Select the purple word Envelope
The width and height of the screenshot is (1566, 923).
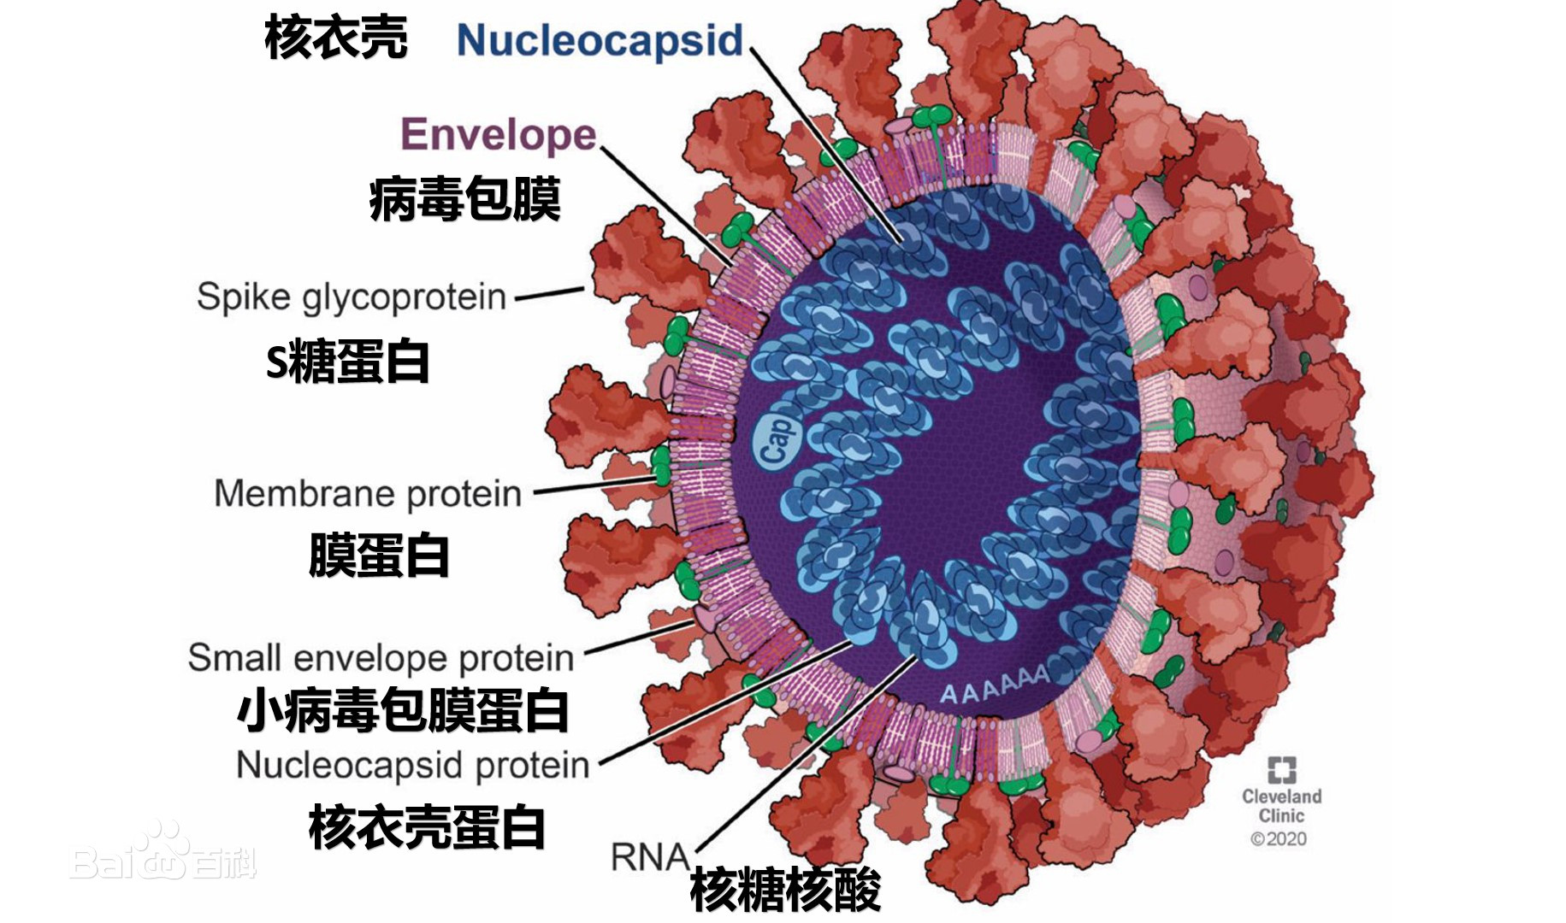pyautogui.click(x=498, y=135)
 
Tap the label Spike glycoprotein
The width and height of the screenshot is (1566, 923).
pyautogui.click(x=351, y=297)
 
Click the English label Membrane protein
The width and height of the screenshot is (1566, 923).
pyautogui.click(x=368, y=494)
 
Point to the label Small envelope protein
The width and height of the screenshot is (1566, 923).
pyautogui.click(x=381, y=658)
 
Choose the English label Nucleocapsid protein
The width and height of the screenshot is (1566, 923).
pyautogui.click(x=412, y=765)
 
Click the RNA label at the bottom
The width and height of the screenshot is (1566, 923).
pyautogui.click(x=649, y=856)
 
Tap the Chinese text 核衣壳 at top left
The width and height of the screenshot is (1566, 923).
pyautogui.click(x=335, y=38)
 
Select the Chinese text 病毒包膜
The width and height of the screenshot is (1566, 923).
pyautogui.click(x=464, y=200)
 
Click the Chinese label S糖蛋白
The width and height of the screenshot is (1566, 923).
pyautogui.click(x=347, y=362)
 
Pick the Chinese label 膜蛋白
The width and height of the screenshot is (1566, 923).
pyautogui.click(x=378, y=556)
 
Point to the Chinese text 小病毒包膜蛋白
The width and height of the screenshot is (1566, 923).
pyautogui.click(x=402, y=711)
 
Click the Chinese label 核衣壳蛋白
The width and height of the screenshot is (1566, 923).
pyautogui.click(x=426, y=827)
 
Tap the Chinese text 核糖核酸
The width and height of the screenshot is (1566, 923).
pyautogui.click(x=784, y=891)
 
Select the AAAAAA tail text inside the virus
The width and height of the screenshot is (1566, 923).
pyautogui.click(x=995, y=683)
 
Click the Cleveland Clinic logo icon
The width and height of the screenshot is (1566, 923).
pyautogui.click(x=1281, y=769)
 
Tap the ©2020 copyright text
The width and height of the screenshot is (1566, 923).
pyautogui.click(x=1279, y=839)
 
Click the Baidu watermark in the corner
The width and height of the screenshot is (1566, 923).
pyautogui.click(x=163, y=855)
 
